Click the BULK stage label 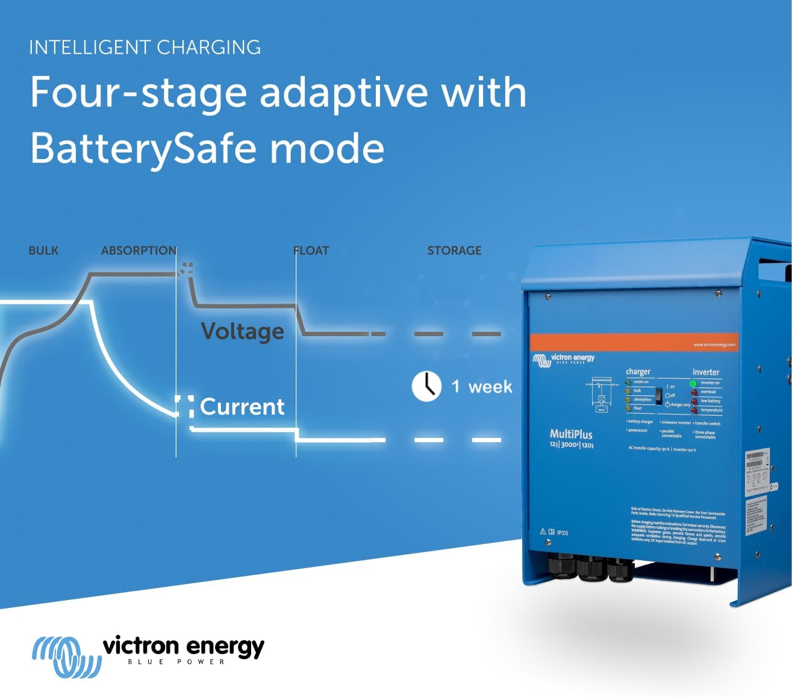click(43, 251)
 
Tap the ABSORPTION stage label click(139, 251)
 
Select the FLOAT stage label click(311, 251)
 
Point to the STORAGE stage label click(454, 251)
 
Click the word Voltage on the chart click(242, 331)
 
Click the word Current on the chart click(242, 407)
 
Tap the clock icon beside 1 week click(426, 386)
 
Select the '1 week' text click(482, 387)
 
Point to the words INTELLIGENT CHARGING click(145, 48)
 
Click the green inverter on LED click(693, 383)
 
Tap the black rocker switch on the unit click(659, 395)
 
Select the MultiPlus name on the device click(571, 434)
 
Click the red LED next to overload click(694, 392)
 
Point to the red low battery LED click(694, 401)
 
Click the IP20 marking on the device click(562, 533)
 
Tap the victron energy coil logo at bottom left click(66, 655)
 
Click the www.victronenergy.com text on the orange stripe click(714, 345)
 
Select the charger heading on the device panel click(638, 372)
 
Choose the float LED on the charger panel click(628, 408)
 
